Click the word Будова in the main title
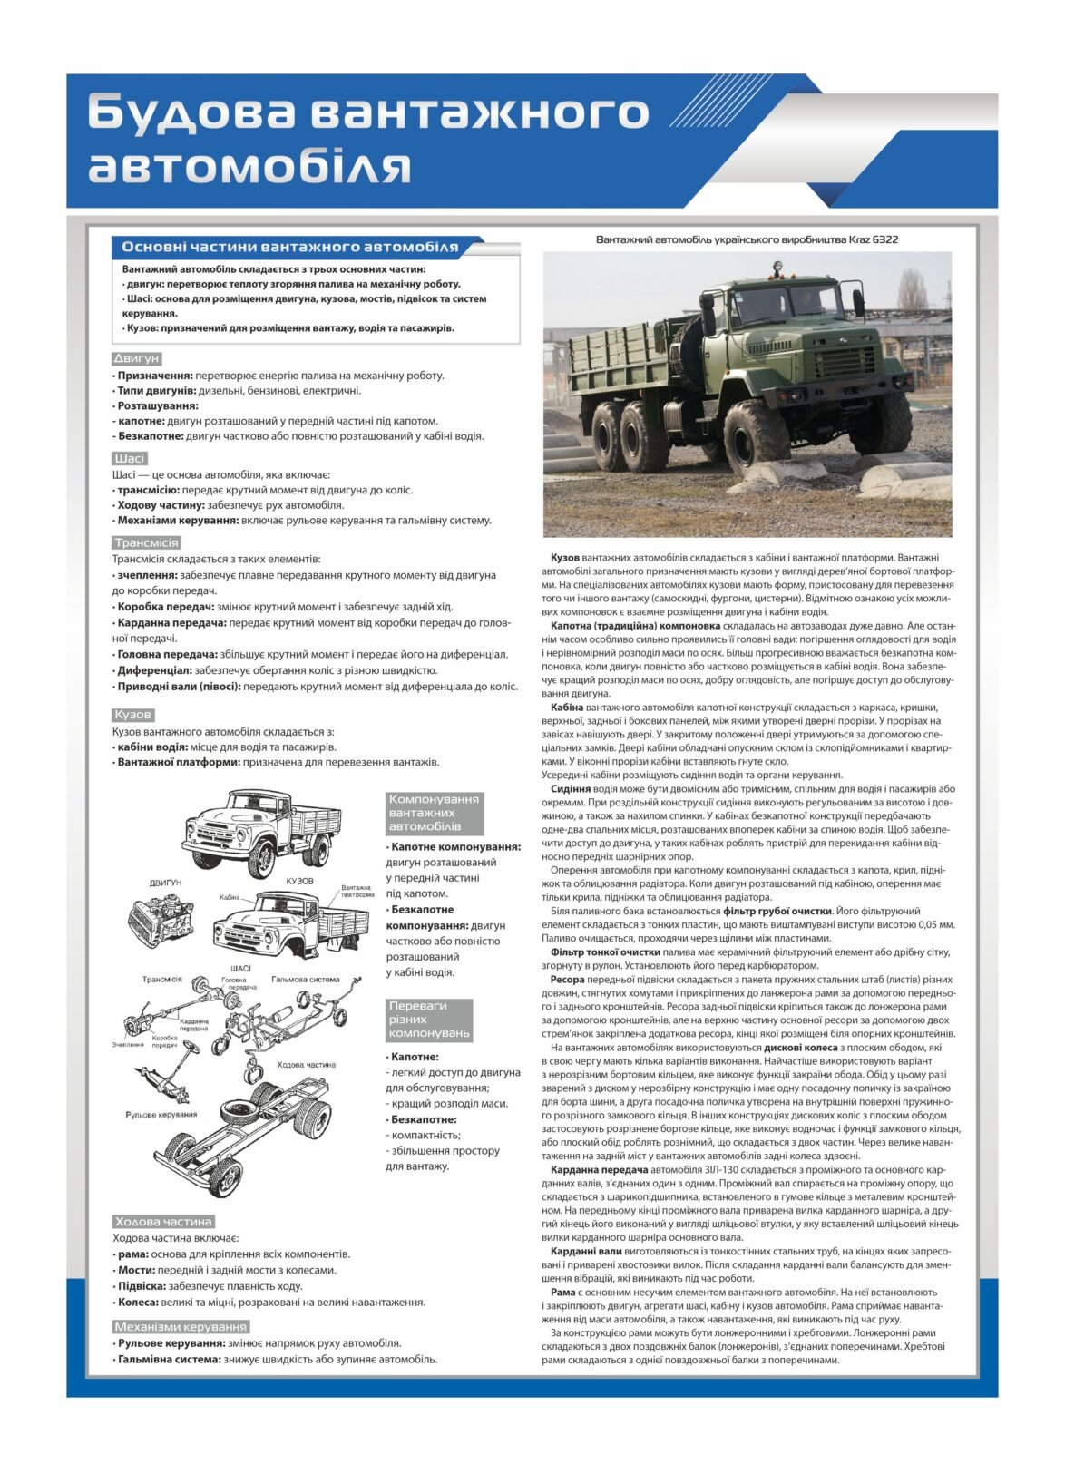[x=192, y=113]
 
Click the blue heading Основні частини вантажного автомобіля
[x=289, y=247]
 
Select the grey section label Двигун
[x=136, y=358]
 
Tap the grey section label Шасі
[x=130, y=458]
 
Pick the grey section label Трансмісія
[x=146, y=542]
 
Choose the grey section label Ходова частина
[x=163, y=1221]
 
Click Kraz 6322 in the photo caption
[x=874, y=239]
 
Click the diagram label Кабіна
[x=230, y=897]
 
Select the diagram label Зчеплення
[x=128, y=1044]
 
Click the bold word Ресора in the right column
[x=567, y=980]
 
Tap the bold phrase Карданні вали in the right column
[x=586, y=1251]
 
